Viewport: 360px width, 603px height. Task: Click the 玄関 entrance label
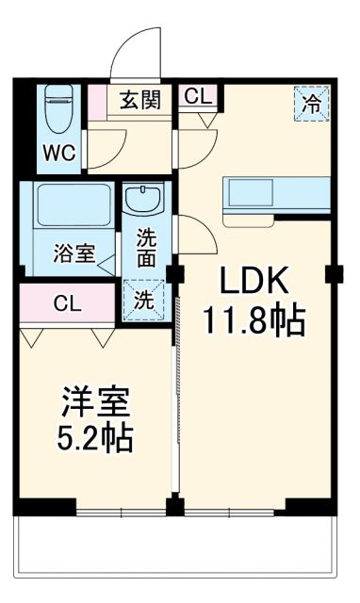[x=139, y=98]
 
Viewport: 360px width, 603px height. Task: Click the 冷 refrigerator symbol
[x=311, y=104]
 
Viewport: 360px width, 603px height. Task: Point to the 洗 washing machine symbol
[x=141, y=301]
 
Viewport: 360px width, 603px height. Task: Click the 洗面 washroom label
[x=146, y=248]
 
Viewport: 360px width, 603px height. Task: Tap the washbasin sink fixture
[x=144, y=202]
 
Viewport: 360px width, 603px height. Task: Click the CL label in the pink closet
[x=66, y=304]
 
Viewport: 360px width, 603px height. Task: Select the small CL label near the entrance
[x=198, y=95]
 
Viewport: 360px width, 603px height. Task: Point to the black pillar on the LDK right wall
[x=332, y=274]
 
